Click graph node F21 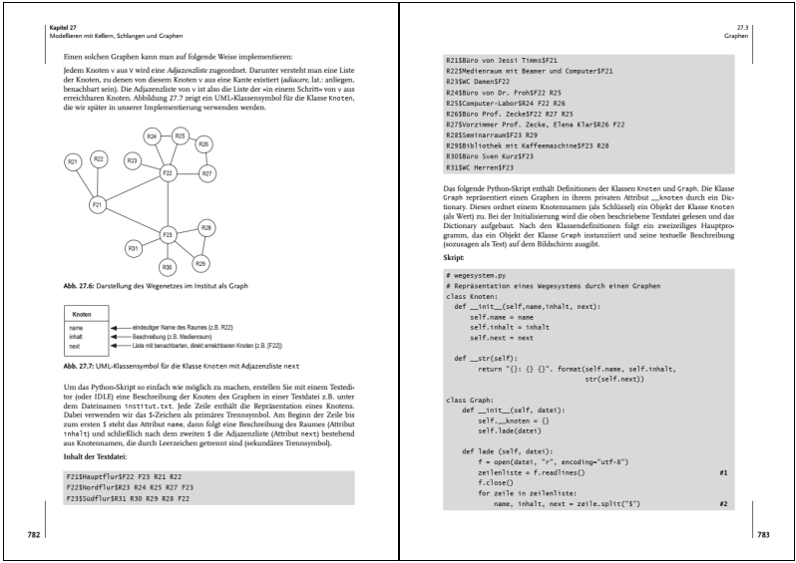[97, 204]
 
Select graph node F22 [168, 173]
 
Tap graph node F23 [168, 234]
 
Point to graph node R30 [168, 267]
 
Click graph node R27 [207, 173]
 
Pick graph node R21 [73, 161]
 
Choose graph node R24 [153, 136]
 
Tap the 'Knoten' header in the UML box [82, 314]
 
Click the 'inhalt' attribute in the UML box [76, 337]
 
